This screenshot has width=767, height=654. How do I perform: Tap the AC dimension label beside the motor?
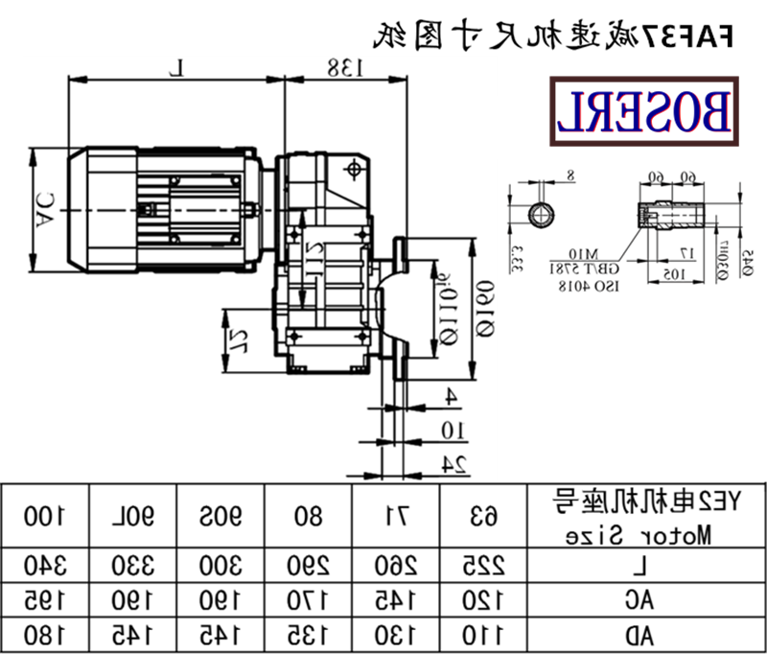tap(44, 210)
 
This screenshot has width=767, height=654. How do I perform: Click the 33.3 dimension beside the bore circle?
tap(517, 258)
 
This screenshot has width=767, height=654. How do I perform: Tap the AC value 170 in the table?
tap(309, 599)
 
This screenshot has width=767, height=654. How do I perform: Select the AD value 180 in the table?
tap(43, 634)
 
